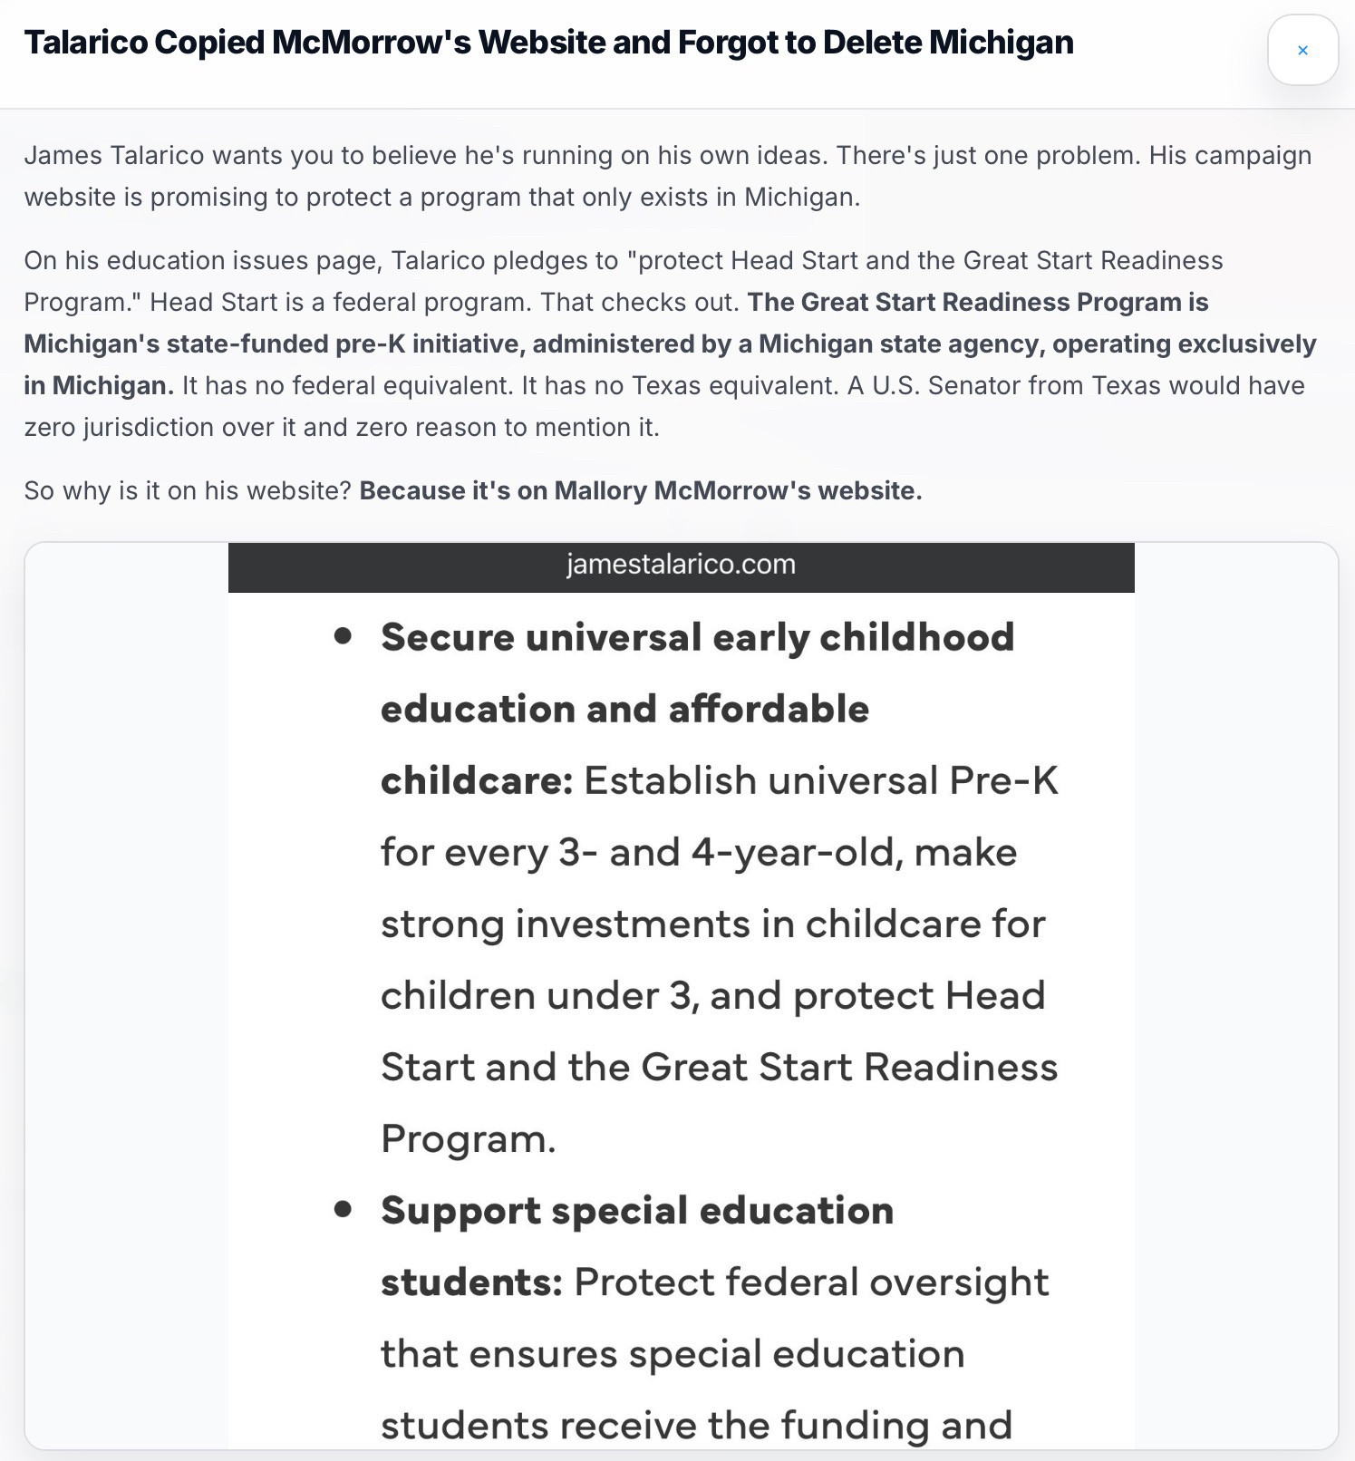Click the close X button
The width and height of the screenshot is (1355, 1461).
click(1302, 51)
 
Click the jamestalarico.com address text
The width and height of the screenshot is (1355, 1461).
click(681, 565)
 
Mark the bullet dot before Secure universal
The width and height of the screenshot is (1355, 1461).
click(343, 636)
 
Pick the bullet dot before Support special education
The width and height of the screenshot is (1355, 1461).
click(343, 1209)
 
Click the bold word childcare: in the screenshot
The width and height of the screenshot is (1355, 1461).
click(477, 780)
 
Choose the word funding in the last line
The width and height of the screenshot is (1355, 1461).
click(855, 1426)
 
